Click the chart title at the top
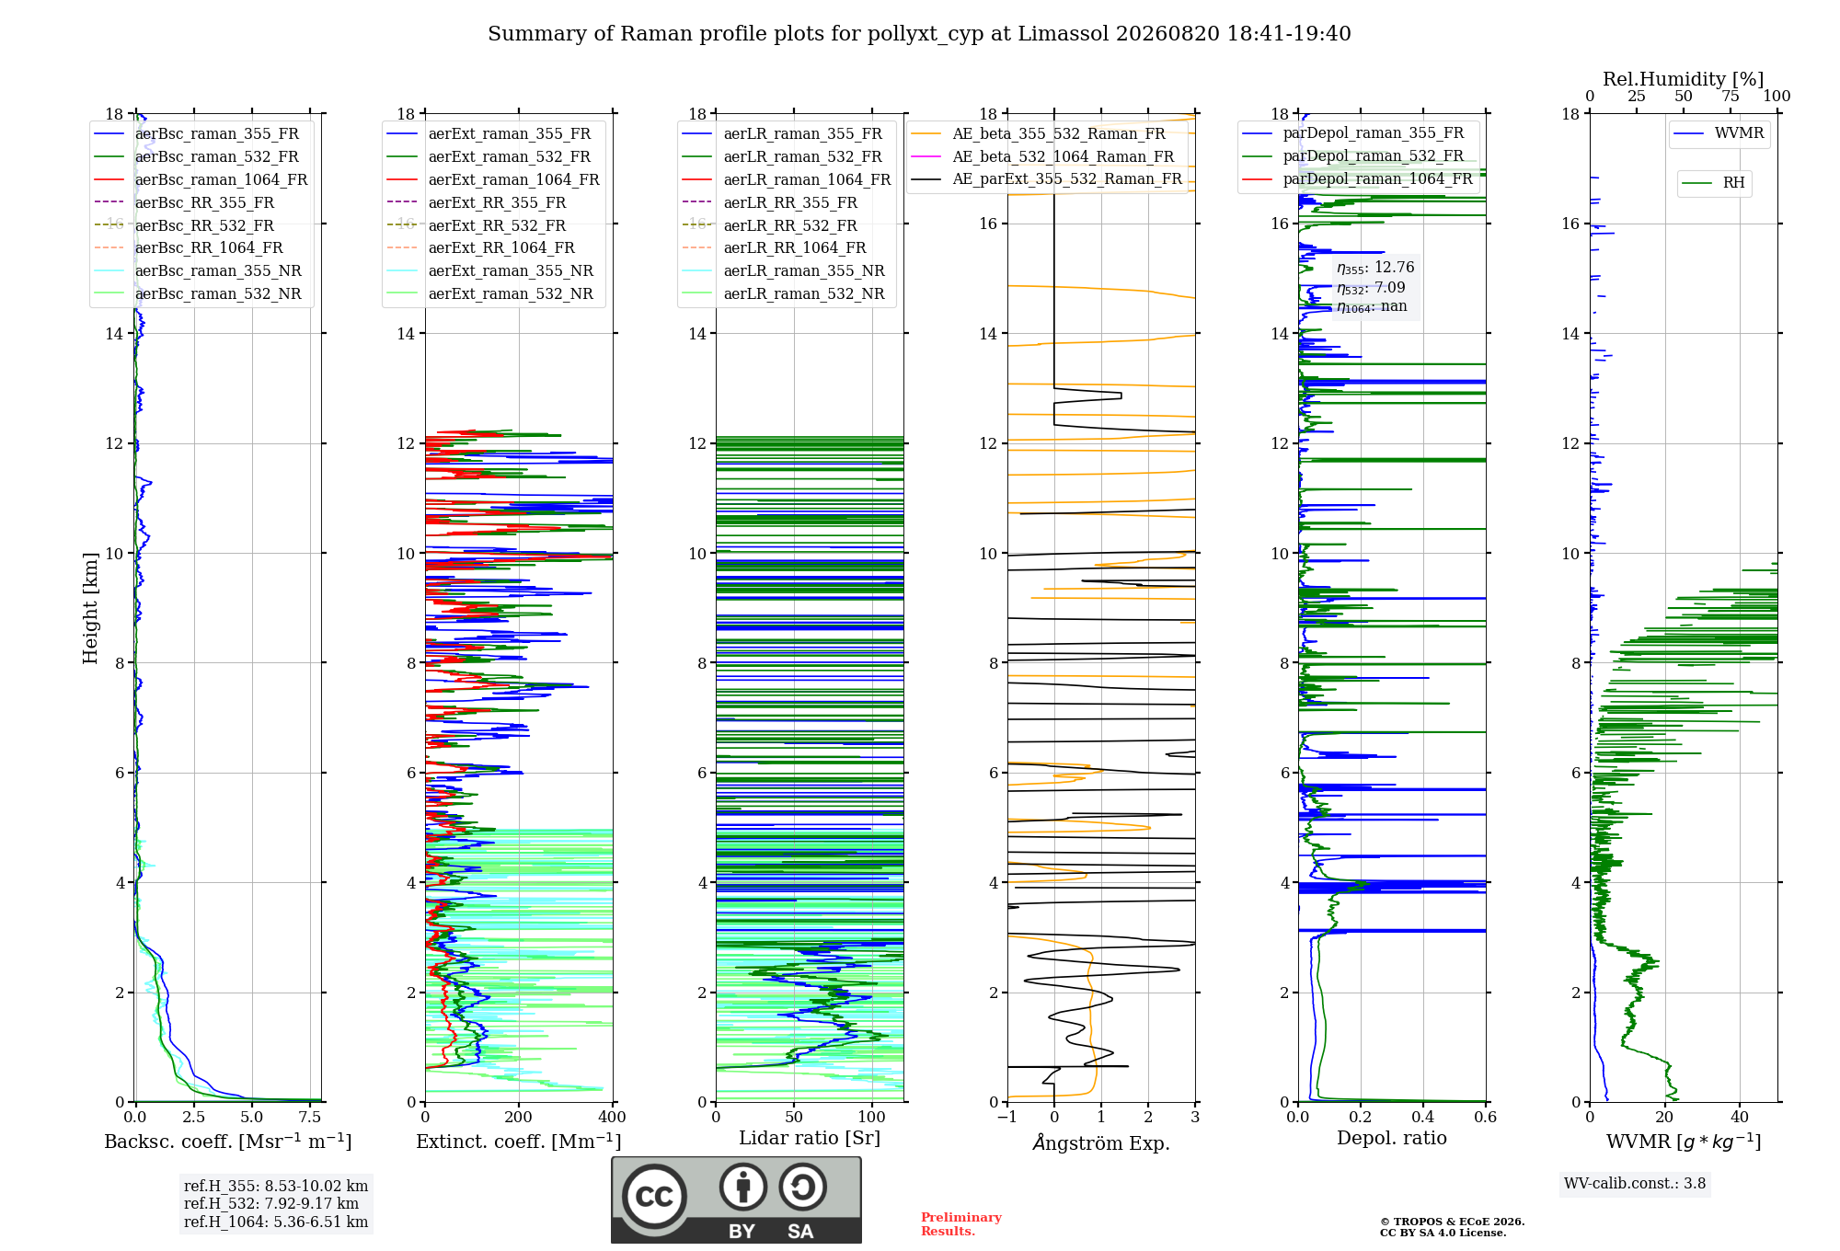919,34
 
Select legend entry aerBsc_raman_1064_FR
201,179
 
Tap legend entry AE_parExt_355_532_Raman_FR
1047,178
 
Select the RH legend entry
1714,183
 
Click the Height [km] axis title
90,607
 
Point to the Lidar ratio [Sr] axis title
810,1138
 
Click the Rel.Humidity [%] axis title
1684,79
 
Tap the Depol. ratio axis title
1392,1138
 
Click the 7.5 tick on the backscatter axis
311,1117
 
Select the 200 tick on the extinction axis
519,1117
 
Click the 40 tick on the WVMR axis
1740,1117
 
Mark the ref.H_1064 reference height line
276,1222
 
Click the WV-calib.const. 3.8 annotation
1635,1184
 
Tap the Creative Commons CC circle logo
654,1196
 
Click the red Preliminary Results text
961,1224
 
